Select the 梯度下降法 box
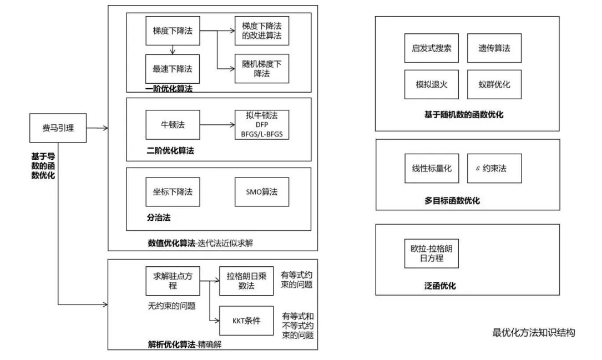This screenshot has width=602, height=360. click(172, 31)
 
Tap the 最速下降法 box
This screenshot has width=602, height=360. click(172, 69)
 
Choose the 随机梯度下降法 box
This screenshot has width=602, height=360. click(262, 69)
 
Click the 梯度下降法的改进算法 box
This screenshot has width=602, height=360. click(262, 31)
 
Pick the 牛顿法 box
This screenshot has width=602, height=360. click(172, 124)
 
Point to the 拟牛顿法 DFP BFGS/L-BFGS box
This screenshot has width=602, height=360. click(262, 124)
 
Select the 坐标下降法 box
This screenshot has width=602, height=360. click(172, 192)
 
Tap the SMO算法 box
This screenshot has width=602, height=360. click(262, 192)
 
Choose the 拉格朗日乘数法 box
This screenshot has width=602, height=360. click(246, 281)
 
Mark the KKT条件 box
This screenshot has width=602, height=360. click(246, 321)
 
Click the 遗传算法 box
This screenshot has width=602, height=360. click(494, 48)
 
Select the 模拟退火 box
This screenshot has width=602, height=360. click(431, 85)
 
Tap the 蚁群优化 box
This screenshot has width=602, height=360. click(494, 85)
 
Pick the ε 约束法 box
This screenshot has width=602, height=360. click(494, 168)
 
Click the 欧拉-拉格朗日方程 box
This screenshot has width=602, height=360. click(431, 254)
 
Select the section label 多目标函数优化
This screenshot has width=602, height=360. click(452, 201)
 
